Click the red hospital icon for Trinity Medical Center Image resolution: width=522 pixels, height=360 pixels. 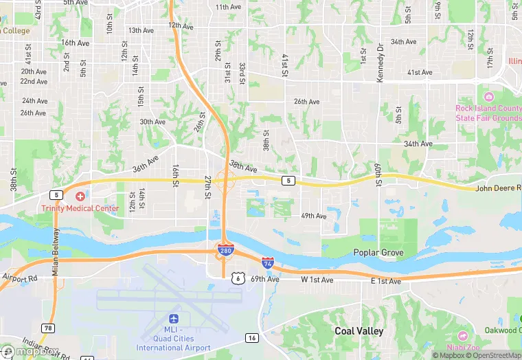tap(80, 197)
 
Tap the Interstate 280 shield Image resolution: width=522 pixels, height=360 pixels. tap(225, 251)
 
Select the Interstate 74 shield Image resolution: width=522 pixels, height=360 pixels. tap(268, 263)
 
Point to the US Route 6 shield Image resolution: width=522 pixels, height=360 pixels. tap(238, 278)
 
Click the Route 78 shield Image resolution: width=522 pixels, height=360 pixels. tap(47, 328)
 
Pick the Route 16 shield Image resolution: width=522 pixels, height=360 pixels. tap(252, 337)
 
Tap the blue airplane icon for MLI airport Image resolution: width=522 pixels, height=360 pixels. tap(173, 319)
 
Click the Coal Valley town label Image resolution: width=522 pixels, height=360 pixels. tap(359, 331)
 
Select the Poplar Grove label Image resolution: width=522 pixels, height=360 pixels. tap(378, 253)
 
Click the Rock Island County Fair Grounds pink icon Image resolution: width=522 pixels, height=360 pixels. tap(488, 97)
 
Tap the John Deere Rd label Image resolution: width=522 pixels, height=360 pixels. tap(499, 188)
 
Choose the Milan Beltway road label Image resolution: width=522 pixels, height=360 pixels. tap(55, 253)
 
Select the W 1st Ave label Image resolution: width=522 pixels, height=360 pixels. tap(317, 280)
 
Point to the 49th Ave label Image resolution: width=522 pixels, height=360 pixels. tap(313, 216)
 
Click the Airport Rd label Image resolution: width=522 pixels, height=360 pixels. tap(19, 278)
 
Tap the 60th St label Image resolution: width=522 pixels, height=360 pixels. tap(378, 175)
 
